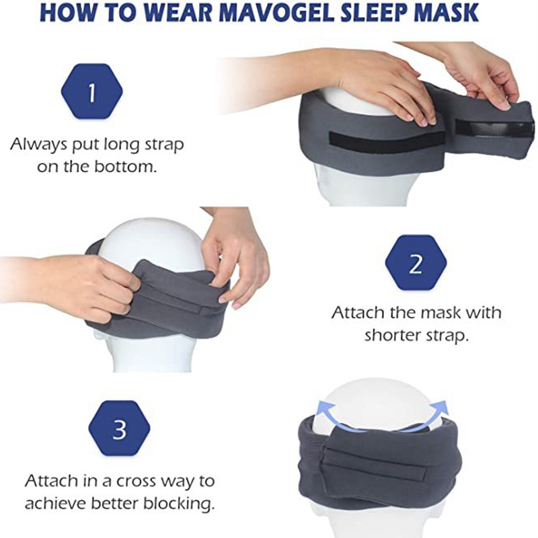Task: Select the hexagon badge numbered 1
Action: click(x=91, y=91)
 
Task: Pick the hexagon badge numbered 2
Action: click(x=416, y=263)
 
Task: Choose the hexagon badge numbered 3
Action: click(x=119, y=429)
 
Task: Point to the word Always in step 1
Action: click(x=38, y=145)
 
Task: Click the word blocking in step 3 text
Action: click(x=177, y=503)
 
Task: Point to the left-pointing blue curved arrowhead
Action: click(x=322, y=410)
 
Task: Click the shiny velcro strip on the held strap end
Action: click(x=494, y=130)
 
